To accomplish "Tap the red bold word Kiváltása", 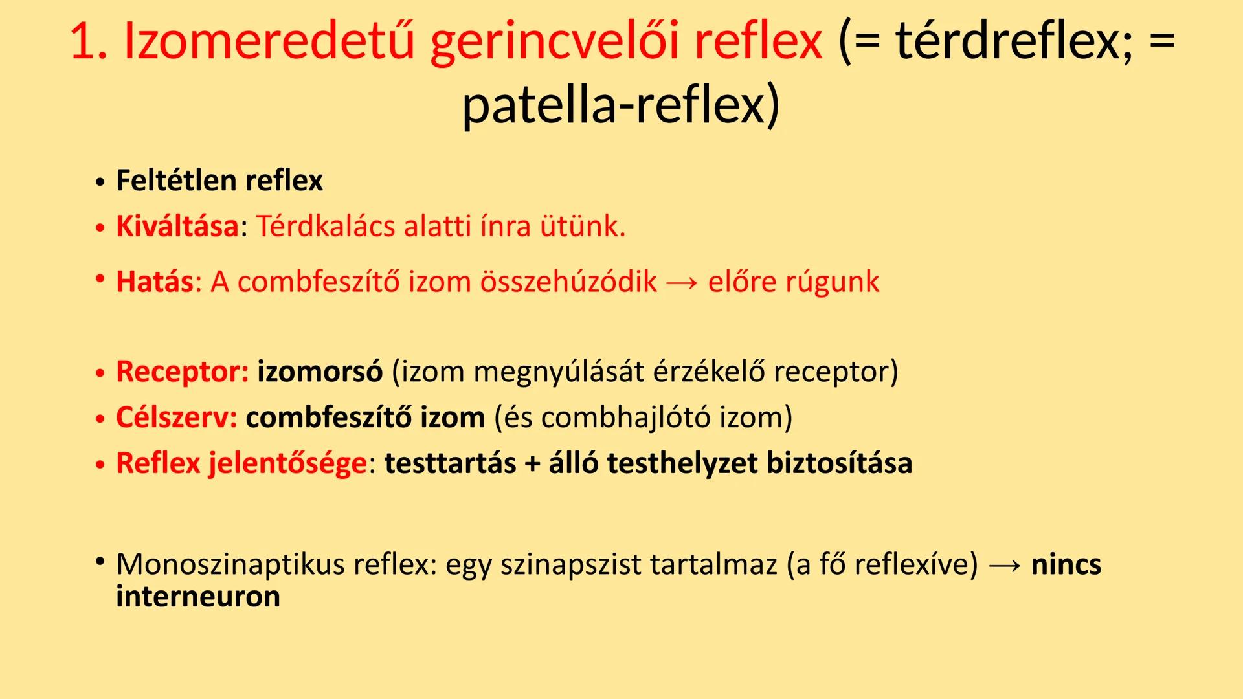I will point(177,227).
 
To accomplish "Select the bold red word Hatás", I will point(154,282).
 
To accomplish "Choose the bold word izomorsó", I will point(320,372).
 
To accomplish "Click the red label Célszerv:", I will point(177,417).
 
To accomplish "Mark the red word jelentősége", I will point(287,463).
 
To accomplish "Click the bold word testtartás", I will point(450,463).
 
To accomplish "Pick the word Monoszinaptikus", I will point(230,564).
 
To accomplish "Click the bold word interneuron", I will point(198,596).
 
